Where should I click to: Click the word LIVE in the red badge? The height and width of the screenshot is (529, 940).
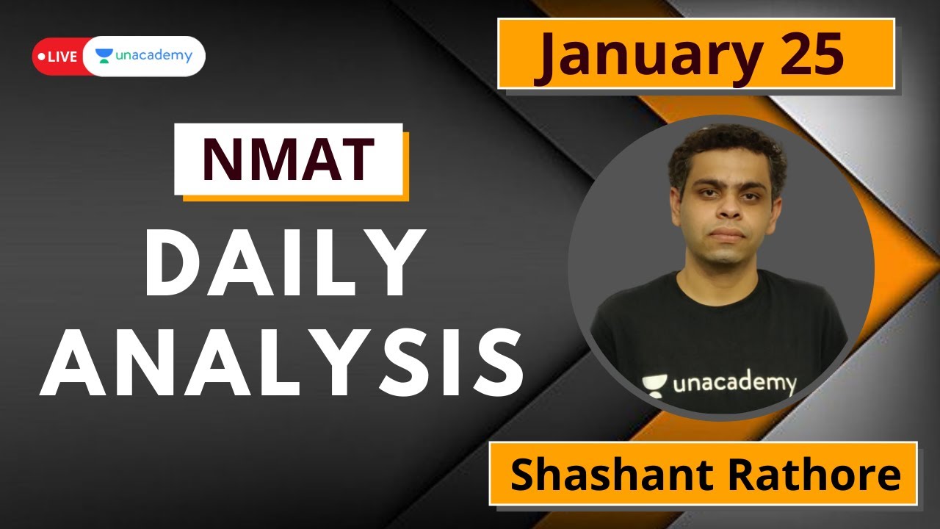point(62,57)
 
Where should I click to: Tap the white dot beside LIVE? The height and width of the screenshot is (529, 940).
point(40,57)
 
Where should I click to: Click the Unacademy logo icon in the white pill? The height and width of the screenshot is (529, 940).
point(104,56)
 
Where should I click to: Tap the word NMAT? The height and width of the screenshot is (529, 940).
point(289,160)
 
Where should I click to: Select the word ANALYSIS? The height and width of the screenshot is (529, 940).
point(283,364)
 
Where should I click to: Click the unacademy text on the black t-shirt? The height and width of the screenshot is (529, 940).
point(734,384)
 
